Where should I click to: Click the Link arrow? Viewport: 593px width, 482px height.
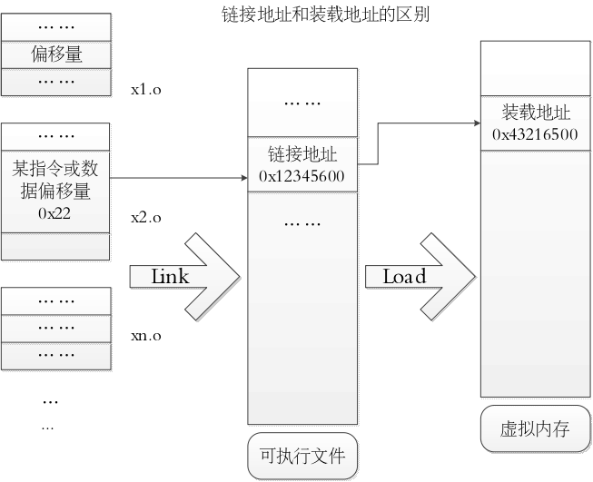click(186, 276)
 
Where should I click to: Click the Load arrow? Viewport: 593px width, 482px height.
click(422, 276)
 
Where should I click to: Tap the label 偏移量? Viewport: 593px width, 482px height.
click(56, 54)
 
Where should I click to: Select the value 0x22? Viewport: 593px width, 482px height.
click(55, 214)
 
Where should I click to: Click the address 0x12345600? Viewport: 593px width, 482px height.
click(301, 175)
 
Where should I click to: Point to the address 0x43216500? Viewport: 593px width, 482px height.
click(536, 134)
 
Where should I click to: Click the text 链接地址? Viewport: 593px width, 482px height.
click(301, 154)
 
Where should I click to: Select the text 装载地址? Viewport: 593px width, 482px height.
click(536, 113)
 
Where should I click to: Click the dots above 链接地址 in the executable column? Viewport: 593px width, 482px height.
click(301, 103)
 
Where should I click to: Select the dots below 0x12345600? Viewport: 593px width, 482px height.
click(301, 222)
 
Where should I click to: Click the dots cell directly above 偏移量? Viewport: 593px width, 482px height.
click(56, 27)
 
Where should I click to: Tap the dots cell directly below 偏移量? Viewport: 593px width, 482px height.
click(56, 82)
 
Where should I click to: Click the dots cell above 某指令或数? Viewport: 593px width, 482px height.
click(56, 136)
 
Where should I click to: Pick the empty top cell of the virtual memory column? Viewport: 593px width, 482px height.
click(536, 67)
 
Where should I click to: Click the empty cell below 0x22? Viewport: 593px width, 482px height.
click(56, 246)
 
